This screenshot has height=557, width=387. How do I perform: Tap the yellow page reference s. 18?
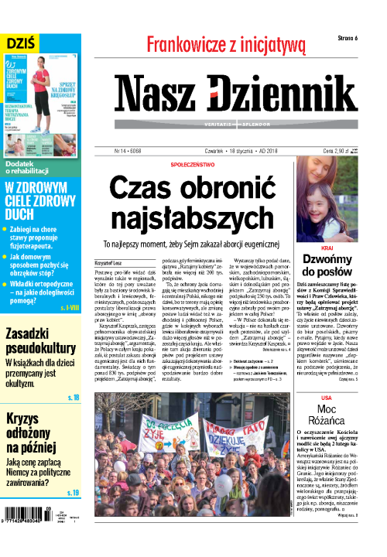click(x=72, y=398)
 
